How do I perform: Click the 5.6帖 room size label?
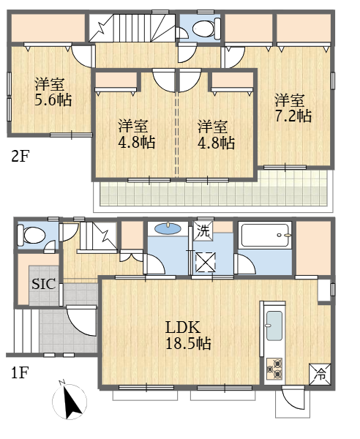click(53, 100)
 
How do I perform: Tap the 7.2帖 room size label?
click(293, 116)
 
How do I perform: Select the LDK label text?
click(183, 327)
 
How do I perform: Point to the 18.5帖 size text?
click(188, 343)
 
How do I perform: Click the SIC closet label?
click(44, 284)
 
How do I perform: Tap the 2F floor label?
click(20, 157)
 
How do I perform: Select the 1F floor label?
click(20, 372)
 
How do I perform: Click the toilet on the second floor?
click(206, 28)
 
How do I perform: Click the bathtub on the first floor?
click(265, 235)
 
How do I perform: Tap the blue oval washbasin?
click(168, 229)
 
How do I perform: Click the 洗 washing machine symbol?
click(203, 230)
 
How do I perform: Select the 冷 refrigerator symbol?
click(320, 374)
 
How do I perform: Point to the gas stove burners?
click(274, 369)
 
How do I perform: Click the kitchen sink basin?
click(274, 326)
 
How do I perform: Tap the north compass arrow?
click(72, 402)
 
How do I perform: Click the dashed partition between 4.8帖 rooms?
click(176, 134)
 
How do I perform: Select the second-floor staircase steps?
click(132, 28)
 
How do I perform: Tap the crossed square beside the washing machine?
click(206, 262)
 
